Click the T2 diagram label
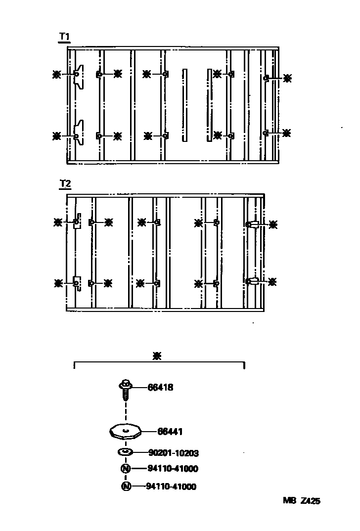tap(64, 184)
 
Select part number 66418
tap(160, 388)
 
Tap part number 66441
tap(170, 432)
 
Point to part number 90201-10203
tap(174, 452)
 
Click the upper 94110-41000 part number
tap(173, 469)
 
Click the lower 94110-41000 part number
tap(171, 487)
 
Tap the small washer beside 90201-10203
tap(125, 452)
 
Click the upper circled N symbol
tap(126, 469)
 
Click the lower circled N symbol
tap(126, 487)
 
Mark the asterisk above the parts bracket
tap(158, 355)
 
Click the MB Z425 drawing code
tap(301, 501)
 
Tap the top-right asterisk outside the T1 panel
tap(287, 77)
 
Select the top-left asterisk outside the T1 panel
tap(57, 74)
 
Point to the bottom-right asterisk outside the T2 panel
tap(272, 281)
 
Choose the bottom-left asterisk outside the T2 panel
tap(58, 283)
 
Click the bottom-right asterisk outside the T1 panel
tap(287, 133)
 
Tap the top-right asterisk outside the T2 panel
tap(272, 224)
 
